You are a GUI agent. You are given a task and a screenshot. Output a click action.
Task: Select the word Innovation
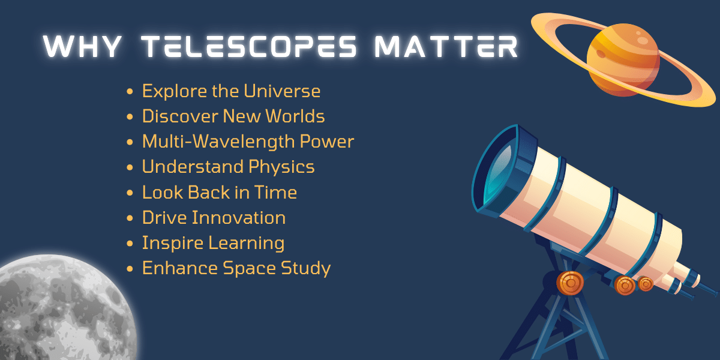pyautogui.click(x=239, y=218)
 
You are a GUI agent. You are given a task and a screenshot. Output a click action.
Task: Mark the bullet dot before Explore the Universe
pyautogui.click(x=130, y=92)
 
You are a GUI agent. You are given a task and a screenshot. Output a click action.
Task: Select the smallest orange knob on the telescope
pyautogui.click(x=646, y=284)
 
